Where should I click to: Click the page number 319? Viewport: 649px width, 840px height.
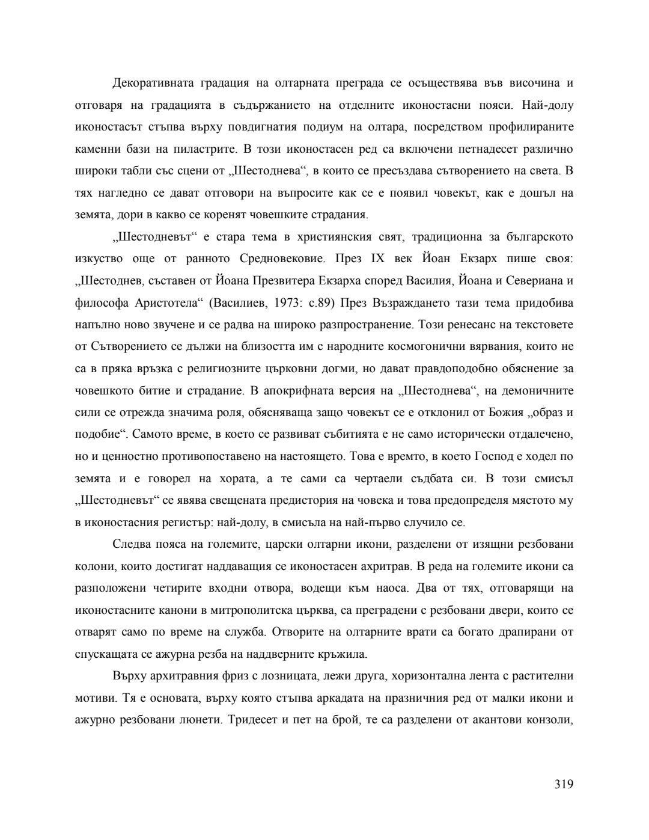(x=564, y=783)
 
